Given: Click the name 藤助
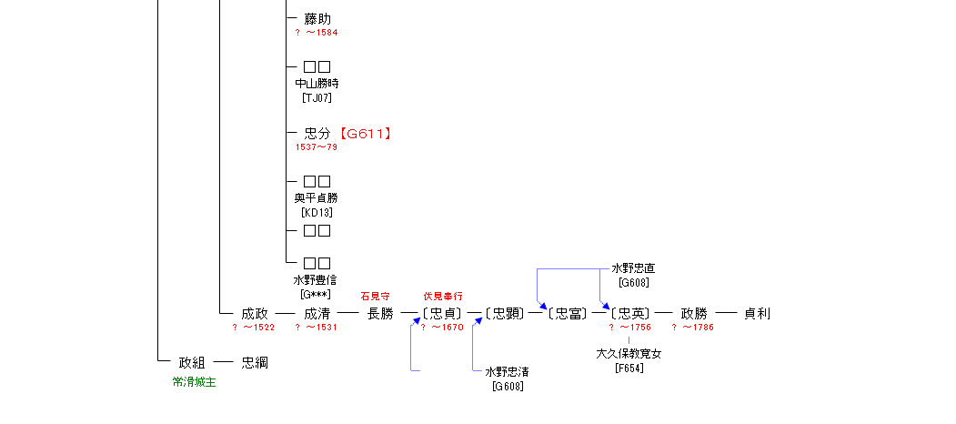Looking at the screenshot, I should click(x=317, y=18).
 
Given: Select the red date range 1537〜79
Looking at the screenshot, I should click(x=317, y=146).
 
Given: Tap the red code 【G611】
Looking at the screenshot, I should click(x=365, y=134).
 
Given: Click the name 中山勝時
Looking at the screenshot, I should click(x=317, y=84).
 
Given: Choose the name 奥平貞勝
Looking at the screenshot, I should click(x=317, y=198).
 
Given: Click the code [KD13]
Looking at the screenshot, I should click(x=317, y=212).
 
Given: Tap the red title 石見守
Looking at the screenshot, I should click(x=376, y=297).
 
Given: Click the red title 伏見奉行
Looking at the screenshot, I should click(x=443, y=297).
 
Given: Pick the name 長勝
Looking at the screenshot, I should click(x=380, y=314).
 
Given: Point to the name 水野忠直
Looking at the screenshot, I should click(x=633, y=268).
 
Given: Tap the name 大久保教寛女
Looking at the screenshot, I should click(x=629, y=354).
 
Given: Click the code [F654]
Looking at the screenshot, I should click(x=629, y=368).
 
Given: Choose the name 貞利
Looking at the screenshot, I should click(x=757, y=314).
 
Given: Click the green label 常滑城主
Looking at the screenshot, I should click(x=195, y=382).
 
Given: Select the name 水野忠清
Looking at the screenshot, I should click(x=507, y=372).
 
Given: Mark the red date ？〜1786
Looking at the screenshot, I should click(x=693, y=328).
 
